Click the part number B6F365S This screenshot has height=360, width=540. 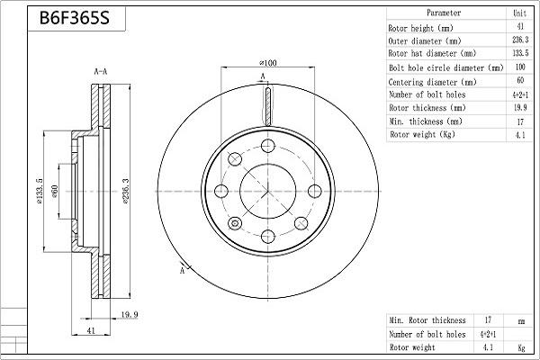(x=75, y=18)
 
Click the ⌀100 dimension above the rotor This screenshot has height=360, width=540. (x=268, y=63)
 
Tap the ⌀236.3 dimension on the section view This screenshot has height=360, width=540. (x=125, y=192)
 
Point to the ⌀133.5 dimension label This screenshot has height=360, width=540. (x=40, y=192)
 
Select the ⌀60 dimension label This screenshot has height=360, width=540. (x=54, y=192)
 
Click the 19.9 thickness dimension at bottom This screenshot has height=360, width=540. (x=130, y=314)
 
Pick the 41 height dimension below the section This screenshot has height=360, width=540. (x=91, y=330)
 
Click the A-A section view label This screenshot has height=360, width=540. (x=101, y=72)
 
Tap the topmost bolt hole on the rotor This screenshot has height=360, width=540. (x=268, y=146)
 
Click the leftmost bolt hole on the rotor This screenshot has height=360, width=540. (x=221, y=191)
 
